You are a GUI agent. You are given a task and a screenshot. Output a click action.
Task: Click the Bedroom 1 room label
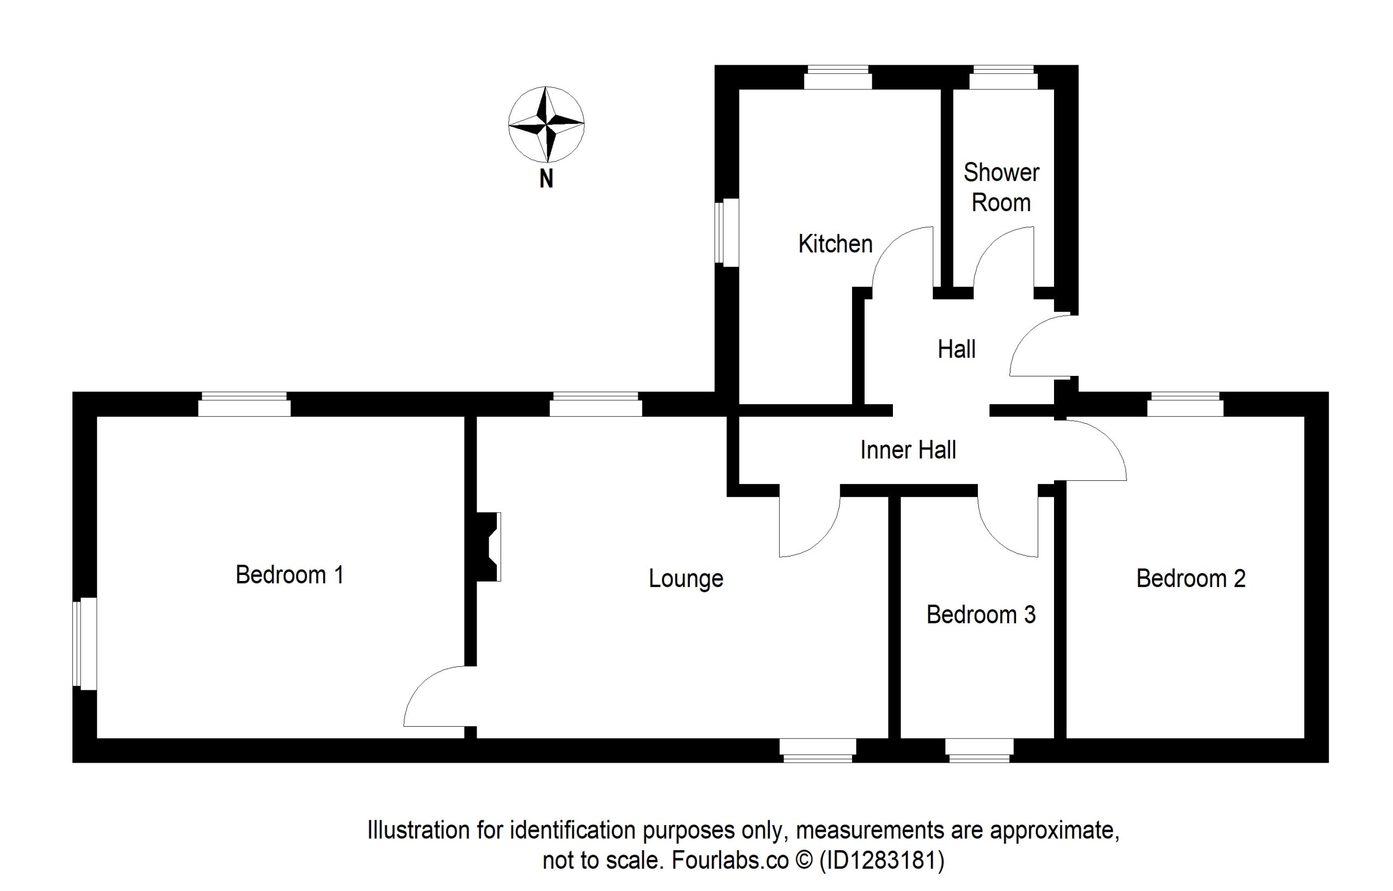289,575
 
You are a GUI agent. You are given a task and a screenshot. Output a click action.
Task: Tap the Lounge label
685,579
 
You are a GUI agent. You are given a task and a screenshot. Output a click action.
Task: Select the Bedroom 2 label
1191,579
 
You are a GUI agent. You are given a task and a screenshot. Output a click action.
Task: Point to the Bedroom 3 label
981,615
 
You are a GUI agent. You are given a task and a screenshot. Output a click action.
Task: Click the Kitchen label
835,244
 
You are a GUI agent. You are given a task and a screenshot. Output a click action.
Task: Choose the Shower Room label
1001,188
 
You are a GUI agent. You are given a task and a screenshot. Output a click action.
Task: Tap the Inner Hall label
908,450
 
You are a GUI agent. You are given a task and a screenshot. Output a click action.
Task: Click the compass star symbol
546,124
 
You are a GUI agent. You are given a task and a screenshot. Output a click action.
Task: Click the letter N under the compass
546,180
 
